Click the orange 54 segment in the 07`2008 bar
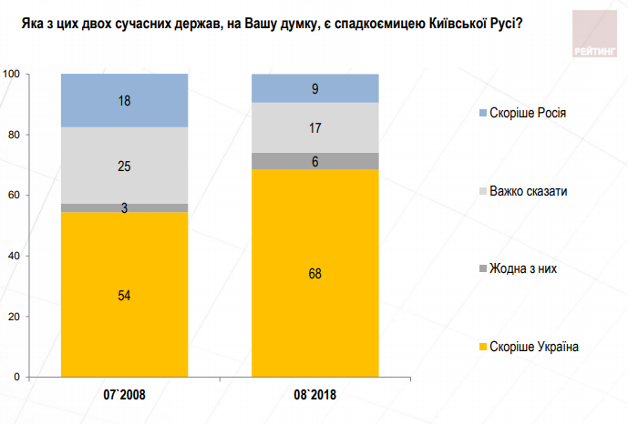point(124,294)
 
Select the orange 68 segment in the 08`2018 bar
point(314,273)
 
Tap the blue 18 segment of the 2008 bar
point(124,100)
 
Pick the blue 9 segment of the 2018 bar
point(314,87)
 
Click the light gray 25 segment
point(124,166)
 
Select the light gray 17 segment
point(314,127)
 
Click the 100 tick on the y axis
point(12,74)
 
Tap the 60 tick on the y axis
point(15,195)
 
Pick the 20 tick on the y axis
point(15,317)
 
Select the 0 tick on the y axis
point(17,377)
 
